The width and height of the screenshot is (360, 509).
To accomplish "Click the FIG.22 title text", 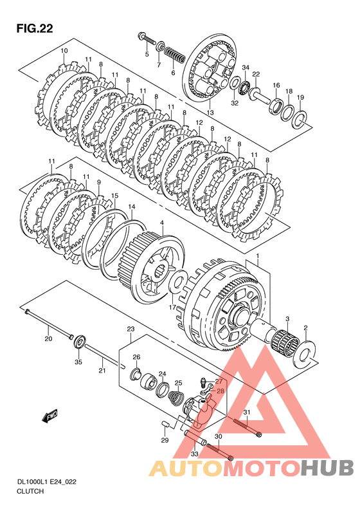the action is (35, 28).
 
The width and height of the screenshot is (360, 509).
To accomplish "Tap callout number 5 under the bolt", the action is (147, 54).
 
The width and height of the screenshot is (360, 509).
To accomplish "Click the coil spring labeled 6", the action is (174, 55).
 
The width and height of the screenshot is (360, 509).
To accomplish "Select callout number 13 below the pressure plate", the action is (210, 113).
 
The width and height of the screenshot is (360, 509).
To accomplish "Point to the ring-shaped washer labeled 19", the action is (300, 119).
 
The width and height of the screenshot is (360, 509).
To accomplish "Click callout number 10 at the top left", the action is (64, 51).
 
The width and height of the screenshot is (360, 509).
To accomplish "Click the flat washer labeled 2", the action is (305, 355).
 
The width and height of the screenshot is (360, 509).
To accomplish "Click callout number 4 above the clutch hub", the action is (161, 223).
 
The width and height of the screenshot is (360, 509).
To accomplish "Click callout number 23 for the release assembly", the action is (130, 329).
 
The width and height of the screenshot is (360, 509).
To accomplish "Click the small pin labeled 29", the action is (165, 424).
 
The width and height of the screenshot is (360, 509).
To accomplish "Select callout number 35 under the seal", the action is (78, 362).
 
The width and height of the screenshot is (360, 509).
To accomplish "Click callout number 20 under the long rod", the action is (48, 339).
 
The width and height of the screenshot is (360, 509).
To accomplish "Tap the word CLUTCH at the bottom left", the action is (30, 491).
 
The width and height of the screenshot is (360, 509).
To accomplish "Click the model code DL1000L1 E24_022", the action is (46, 482).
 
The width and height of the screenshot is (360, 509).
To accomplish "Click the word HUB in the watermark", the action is (327, 468).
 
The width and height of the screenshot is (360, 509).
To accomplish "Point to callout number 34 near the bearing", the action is (246, 68).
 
